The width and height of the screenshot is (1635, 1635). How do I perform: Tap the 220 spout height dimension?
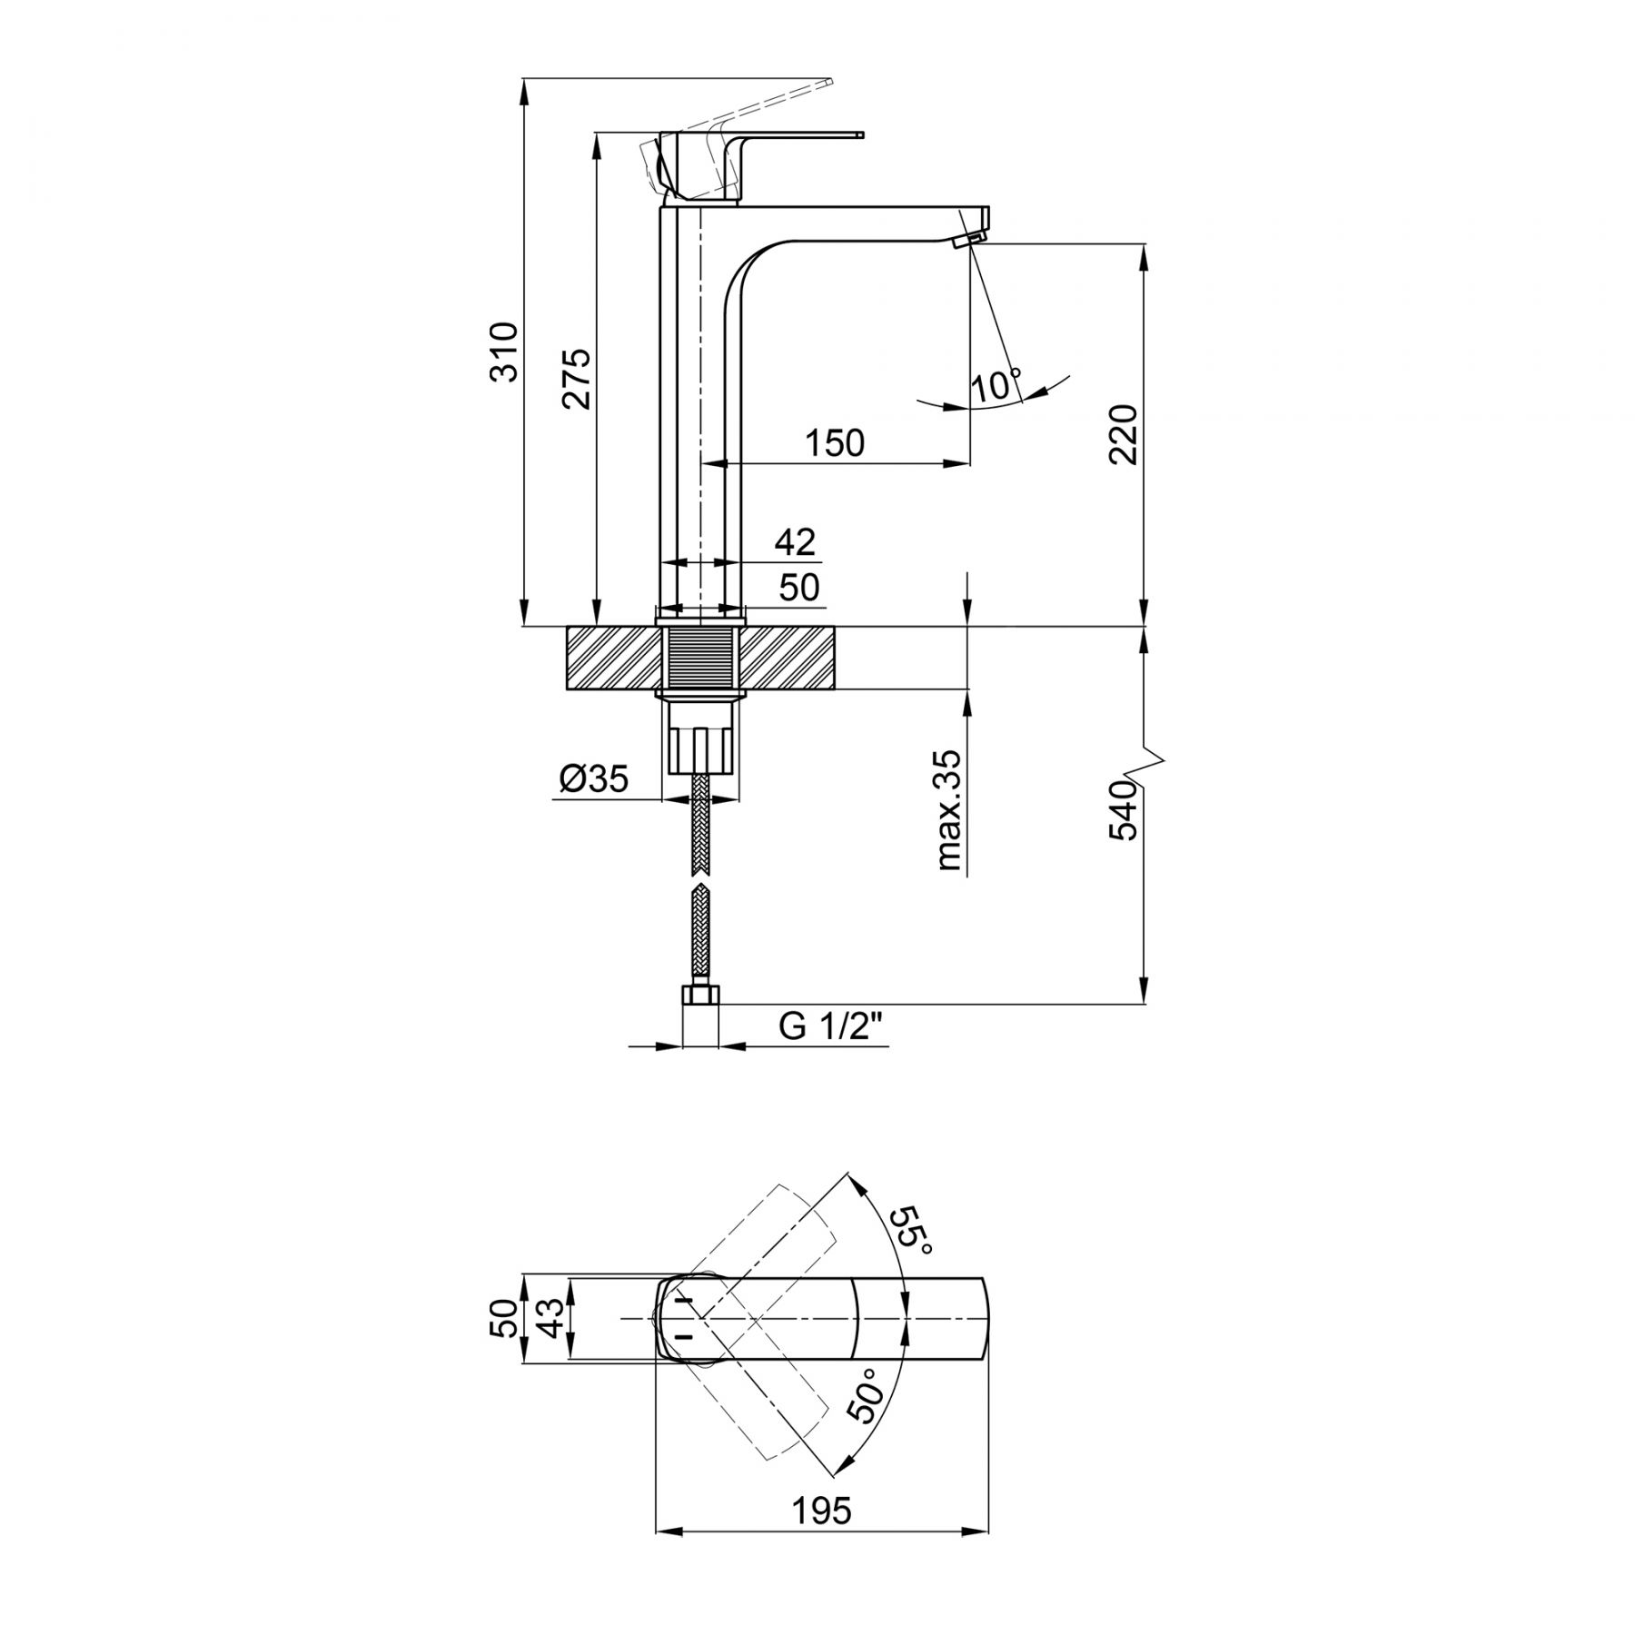click(1124, 434)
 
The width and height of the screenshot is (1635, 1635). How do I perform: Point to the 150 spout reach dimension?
click(835, 443)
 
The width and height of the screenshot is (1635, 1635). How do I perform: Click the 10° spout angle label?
click(996, 385)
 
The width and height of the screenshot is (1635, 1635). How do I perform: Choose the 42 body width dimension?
click(796, 542)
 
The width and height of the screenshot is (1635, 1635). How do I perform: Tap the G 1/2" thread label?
click(831, 1026)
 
